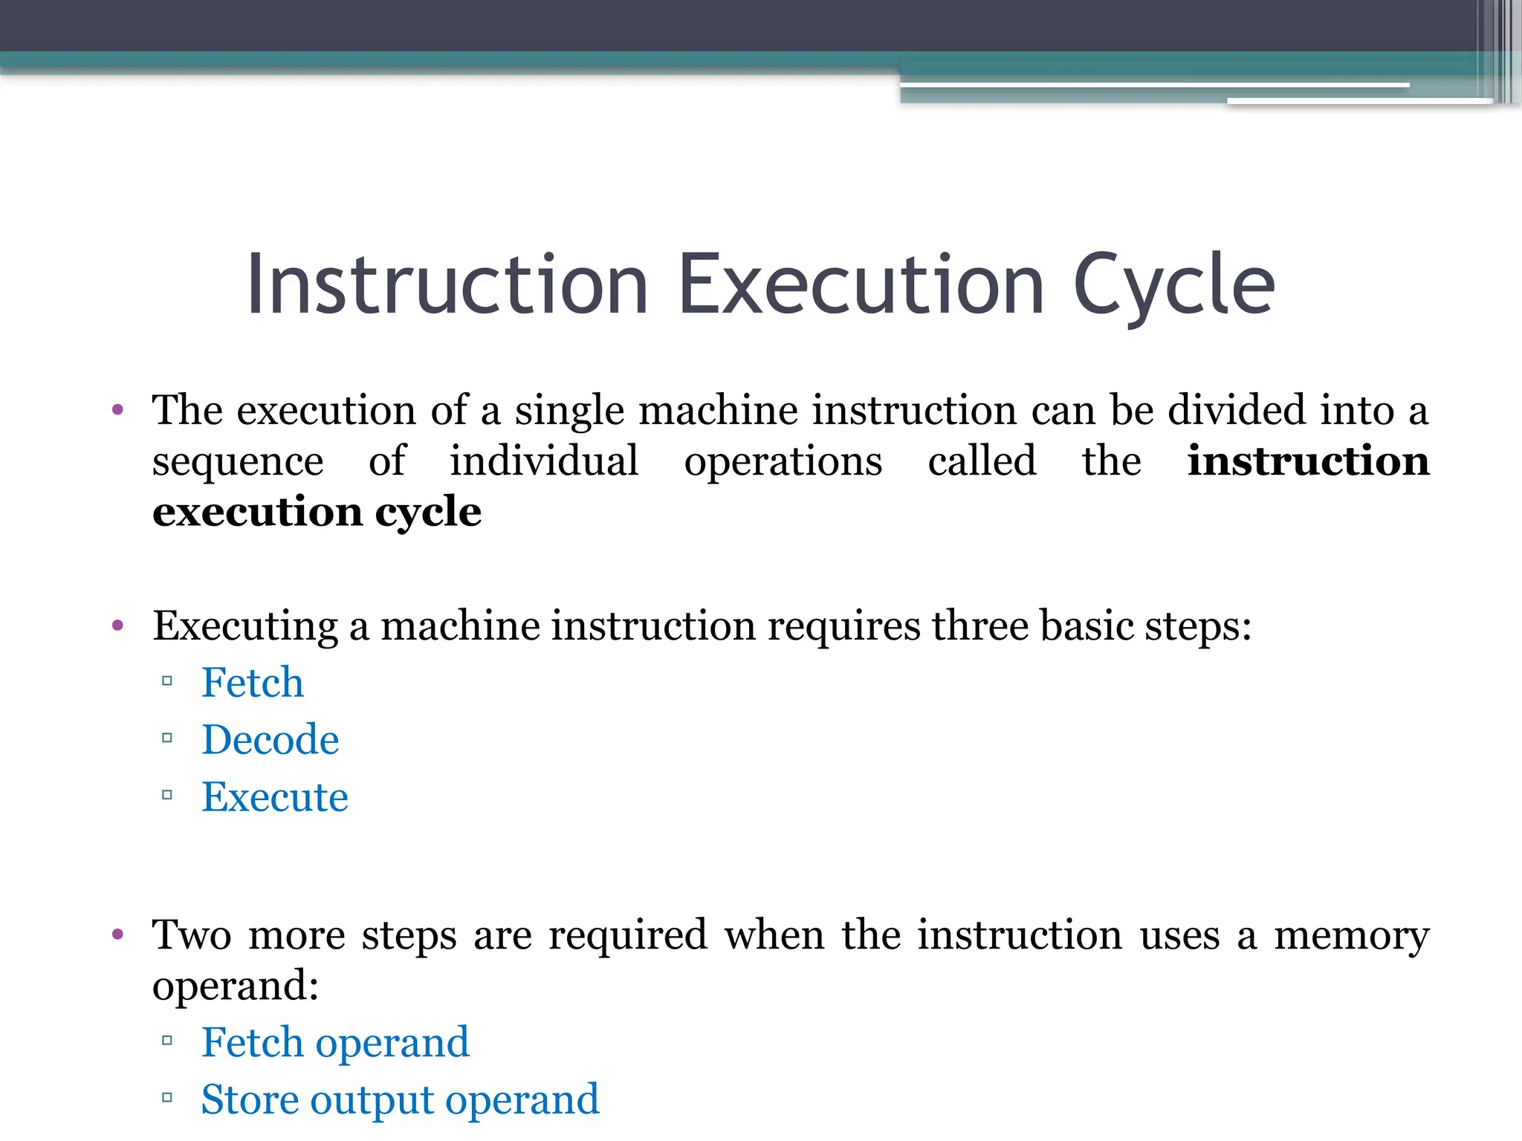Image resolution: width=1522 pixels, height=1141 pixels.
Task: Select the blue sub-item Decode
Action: (x=271, y=740)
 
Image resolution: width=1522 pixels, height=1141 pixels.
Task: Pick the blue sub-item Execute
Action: (x=275, y=797)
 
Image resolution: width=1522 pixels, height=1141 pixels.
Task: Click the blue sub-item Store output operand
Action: (x=400, y=1099)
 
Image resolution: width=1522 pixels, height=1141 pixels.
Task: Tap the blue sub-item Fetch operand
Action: (x=335, y=1042)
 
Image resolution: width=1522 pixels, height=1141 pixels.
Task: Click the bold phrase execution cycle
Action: (x=317, y=512)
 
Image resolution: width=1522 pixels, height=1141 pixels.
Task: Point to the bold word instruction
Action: (x=1308, y=461)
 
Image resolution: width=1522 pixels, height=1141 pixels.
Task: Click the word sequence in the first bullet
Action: (x=238, y=462)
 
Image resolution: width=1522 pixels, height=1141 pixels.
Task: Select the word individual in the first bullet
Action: (x=544, y=461)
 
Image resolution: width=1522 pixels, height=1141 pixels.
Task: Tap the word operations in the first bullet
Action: (x=783, y=462)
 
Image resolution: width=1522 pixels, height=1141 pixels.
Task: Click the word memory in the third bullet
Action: (x=1351, y=935)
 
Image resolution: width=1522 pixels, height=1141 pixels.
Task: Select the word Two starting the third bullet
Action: (x=192, y=934)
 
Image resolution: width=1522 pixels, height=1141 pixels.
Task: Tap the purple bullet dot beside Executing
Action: (x=117, y=626)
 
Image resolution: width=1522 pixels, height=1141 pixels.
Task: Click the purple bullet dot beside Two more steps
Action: (x=117, y=934)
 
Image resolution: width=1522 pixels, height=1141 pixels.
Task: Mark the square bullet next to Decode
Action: (x=167, y=738)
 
